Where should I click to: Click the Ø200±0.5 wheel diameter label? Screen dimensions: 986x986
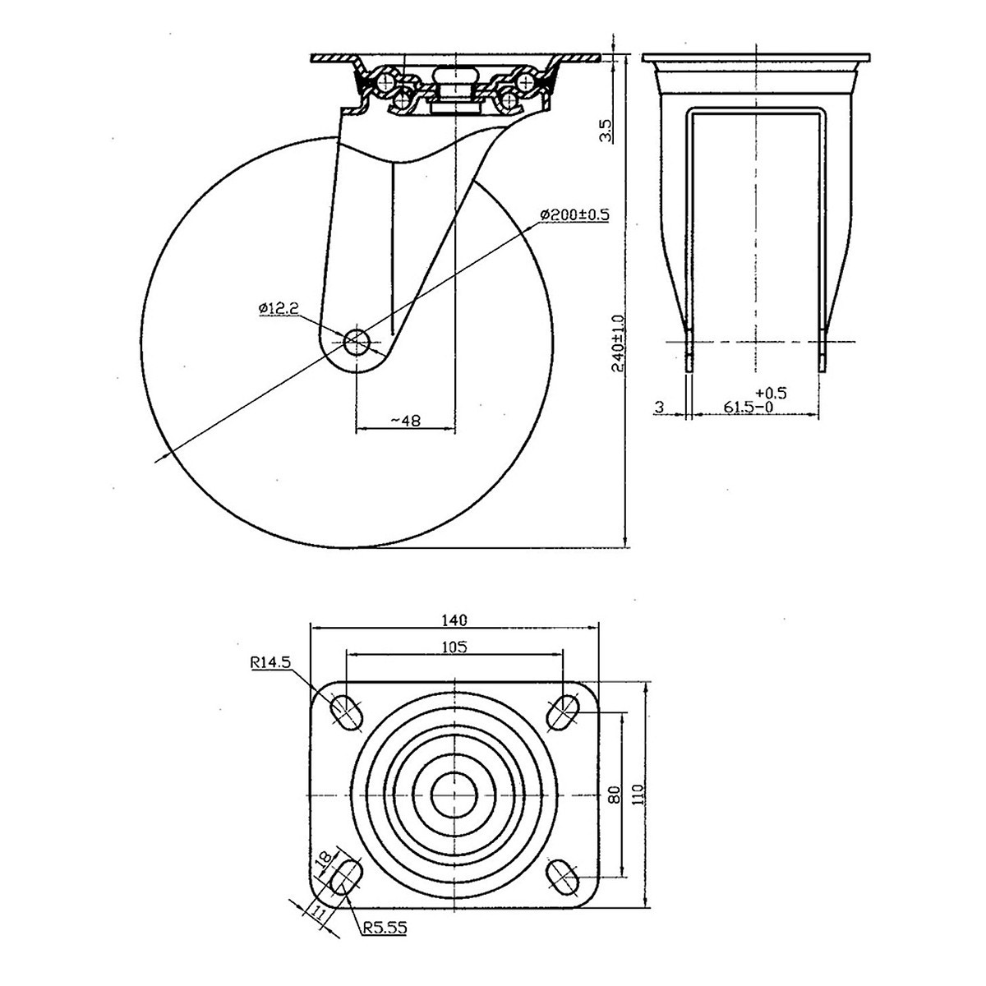[574, 214]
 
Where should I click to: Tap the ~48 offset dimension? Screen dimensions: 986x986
[405, 420]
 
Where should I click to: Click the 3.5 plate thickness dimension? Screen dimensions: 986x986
[606, 130]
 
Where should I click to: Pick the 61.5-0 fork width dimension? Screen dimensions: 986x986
[750, 407]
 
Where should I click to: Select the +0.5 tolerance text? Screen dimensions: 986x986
[772, 393]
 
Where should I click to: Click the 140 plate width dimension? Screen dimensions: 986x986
[455, 619]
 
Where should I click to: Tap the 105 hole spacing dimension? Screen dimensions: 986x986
[454, 647]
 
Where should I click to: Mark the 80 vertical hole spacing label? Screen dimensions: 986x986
[613, 795]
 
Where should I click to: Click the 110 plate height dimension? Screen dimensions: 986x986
[640, 795]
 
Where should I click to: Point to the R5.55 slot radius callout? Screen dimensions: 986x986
[384, 929]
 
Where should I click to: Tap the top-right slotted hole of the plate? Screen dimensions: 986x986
[563, 711]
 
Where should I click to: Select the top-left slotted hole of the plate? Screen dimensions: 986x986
[345, 711]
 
